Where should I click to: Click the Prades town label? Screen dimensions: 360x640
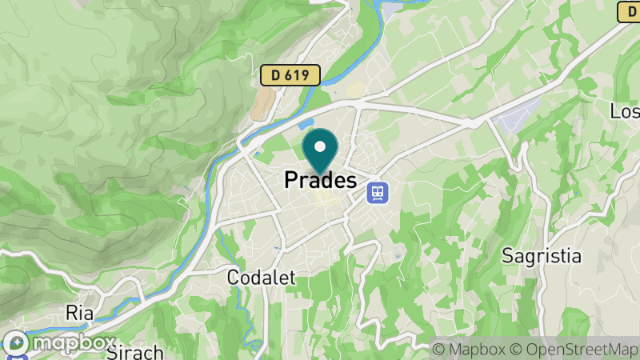(320, 181)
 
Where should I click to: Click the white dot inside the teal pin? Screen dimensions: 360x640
(321, 146)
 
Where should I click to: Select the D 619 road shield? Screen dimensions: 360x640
(290, 76)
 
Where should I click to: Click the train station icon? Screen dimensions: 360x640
(376, 192)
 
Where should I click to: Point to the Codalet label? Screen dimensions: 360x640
(261, 278)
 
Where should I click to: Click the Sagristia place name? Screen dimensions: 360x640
(541, 256)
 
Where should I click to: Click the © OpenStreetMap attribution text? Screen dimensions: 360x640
(572, 349)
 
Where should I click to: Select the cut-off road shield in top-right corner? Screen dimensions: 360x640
(629, 11)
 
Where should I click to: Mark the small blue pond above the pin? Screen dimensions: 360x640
(306, 125)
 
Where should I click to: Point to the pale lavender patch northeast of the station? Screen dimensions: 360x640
(516, 119)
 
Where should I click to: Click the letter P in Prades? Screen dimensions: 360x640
(291, 182)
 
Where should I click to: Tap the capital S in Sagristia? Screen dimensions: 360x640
(507, 256)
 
